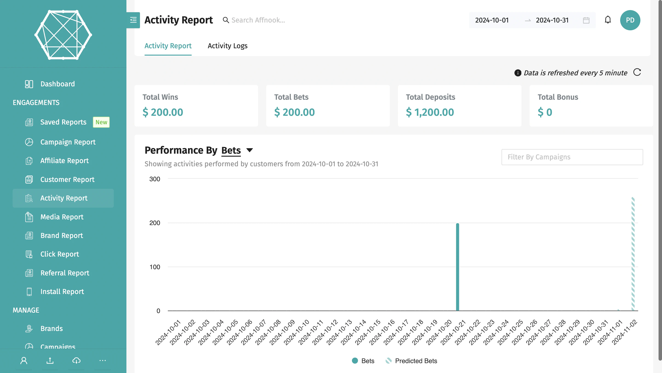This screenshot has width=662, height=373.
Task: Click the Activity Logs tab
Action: tap(227, 46)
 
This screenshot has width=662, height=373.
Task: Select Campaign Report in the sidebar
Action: tap(68, 142)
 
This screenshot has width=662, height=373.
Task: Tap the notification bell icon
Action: tap(608, 20)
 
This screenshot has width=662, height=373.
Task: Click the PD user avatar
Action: tap(630, 20)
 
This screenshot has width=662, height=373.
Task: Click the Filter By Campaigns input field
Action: tap(572, 157)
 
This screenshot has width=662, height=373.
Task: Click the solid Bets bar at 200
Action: tap(457, 267)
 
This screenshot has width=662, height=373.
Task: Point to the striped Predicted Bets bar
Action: tap(633, 254)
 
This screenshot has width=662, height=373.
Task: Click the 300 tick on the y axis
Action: tap(154, 179)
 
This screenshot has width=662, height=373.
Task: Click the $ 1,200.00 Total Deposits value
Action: tap(430, 112)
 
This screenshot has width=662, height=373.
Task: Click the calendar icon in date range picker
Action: tap(586, 20)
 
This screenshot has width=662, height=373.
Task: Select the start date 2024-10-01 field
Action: tap(492, 20)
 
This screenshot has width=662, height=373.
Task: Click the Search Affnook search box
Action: tap(258, 20)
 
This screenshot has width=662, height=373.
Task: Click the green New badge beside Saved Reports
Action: tap(101, 122)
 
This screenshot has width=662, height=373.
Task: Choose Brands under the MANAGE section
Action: tap(51, 328)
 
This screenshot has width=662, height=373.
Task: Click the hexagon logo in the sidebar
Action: tap(63, 35)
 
